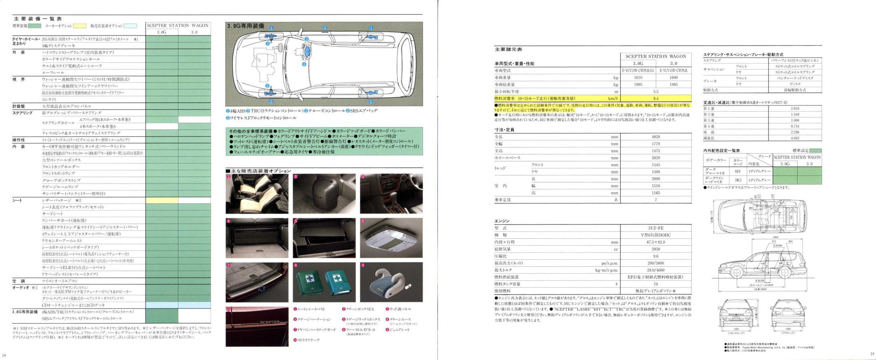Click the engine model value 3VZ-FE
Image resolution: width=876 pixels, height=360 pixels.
[656, 228]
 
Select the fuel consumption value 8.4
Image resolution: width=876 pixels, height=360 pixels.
[656, 98]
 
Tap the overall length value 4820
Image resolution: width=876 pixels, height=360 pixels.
[656, 137]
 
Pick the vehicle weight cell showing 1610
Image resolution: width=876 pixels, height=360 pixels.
[638, 78]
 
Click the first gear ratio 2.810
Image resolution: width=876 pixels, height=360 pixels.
[795, 108]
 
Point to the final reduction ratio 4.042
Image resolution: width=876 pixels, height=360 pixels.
[795, 138]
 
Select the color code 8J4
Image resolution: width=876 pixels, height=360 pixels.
[738, 171]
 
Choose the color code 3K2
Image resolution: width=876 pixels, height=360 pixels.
[738, 180]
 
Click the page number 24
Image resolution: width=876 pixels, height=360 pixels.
[4, 355]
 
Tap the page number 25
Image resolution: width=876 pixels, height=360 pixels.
[872, 354]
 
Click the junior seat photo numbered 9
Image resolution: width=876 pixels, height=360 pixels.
[391, 282]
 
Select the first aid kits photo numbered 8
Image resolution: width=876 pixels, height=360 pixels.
[324, 282]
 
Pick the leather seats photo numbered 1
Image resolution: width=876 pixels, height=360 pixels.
[257, 194]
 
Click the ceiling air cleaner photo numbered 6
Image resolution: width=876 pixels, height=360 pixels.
[391, 238]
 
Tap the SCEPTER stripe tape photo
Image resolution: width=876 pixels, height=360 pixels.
[257, 326]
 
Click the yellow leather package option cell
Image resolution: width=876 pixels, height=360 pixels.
[162, 200]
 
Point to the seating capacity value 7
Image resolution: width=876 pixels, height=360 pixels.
[656, 200]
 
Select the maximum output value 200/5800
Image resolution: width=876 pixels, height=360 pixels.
[656, 263]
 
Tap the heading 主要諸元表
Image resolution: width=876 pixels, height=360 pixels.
[508, 50]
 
